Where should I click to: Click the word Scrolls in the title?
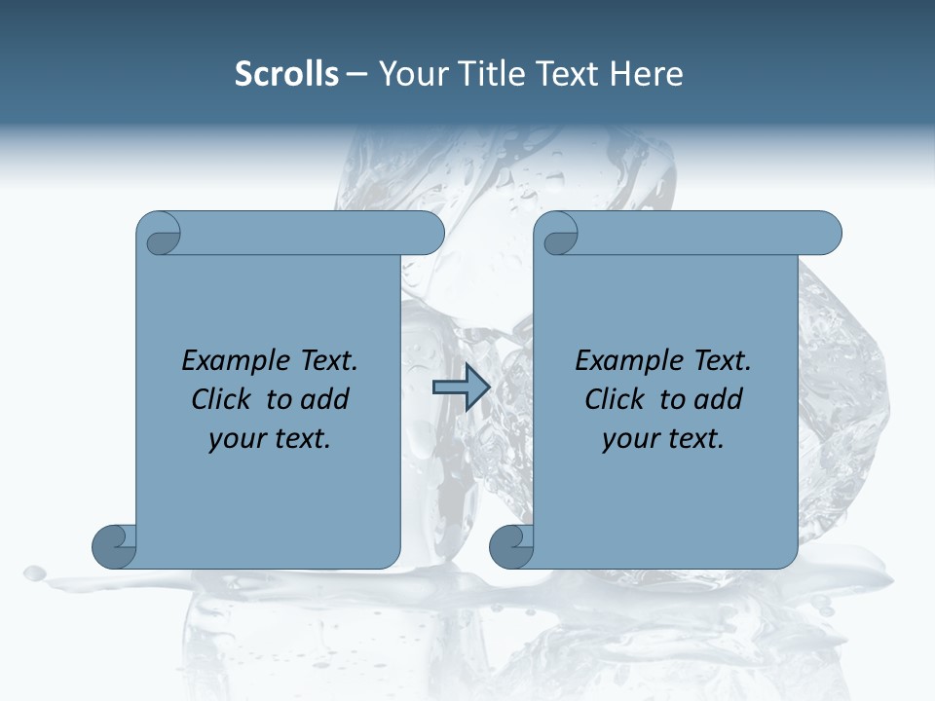point(286,74)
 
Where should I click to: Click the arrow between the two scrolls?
point(461,387)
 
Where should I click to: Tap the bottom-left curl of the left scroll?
point(115,545)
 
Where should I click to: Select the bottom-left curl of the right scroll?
point(511,545)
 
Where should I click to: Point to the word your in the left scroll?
point(235,439)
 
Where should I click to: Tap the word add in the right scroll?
point(720,399)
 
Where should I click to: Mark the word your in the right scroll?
point(628,439)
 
